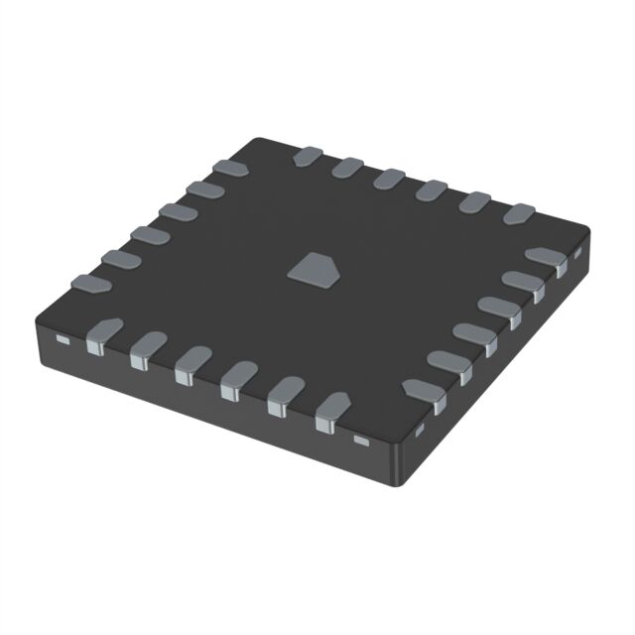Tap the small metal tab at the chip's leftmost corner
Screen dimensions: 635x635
point(62,339)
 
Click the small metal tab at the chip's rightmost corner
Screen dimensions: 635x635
point(576,254)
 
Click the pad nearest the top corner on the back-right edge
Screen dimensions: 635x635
point(308,156)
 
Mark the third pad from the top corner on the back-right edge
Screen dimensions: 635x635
point(389,178)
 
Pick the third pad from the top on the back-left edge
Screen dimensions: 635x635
point(178,211)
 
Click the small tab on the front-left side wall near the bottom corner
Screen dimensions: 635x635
point(361,438)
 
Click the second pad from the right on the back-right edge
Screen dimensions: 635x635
point(475,200)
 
